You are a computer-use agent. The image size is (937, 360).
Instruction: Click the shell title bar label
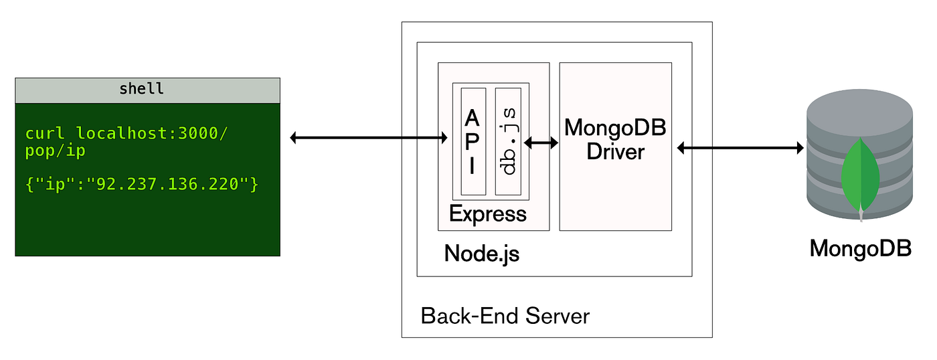(x=141, y=89)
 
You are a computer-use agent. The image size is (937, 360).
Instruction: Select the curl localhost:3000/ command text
(x=126, y=132)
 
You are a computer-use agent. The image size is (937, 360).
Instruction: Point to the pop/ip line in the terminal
(x=56, y=151)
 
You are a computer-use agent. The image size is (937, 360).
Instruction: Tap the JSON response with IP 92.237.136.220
(x=141, y=183)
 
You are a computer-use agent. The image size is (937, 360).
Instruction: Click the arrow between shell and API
(x=368, y=138)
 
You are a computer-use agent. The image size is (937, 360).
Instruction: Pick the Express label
(x=487, y=214)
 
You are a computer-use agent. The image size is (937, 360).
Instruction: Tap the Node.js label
(x=481, y=254)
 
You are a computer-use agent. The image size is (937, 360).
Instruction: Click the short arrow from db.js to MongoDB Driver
(x=541, y=143)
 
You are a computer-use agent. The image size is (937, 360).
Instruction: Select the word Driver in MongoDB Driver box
(x=615, y=151)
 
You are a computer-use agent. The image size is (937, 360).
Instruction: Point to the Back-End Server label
(x=505, y=315)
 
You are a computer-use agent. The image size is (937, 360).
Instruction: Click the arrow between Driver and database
(x=740, y=148)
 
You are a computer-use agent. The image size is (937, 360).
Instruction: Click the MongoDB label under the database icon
(x=860, y=248)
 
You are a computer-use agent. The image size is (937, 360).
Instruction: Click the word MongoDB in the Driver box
(x=615, y=128)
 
